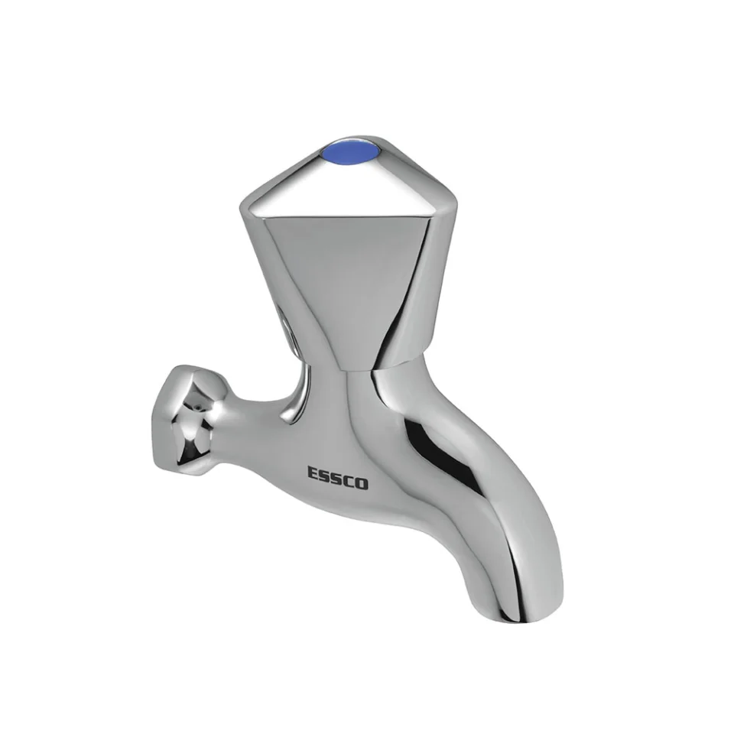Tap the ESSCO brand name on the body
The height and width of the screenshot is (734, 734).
pos(337,478)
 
